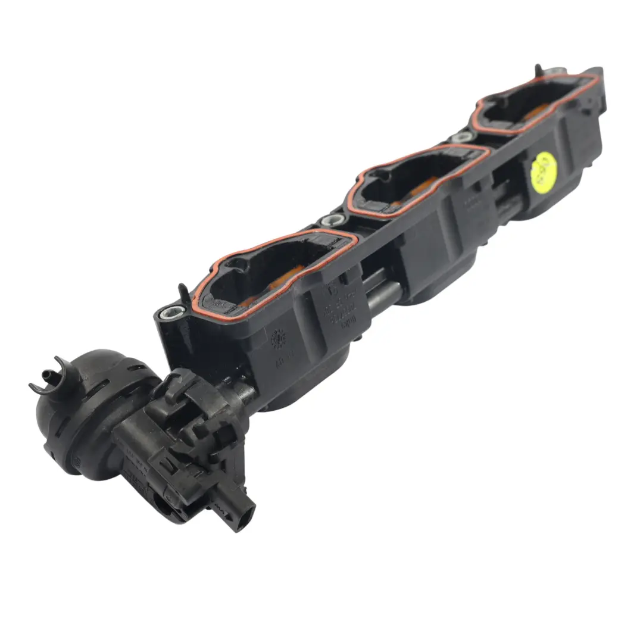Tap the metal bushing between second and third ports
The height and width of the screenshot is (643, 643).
(x=461, y=138)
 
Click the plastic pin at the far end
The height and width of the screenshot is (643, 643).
(x=538, y=71)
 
